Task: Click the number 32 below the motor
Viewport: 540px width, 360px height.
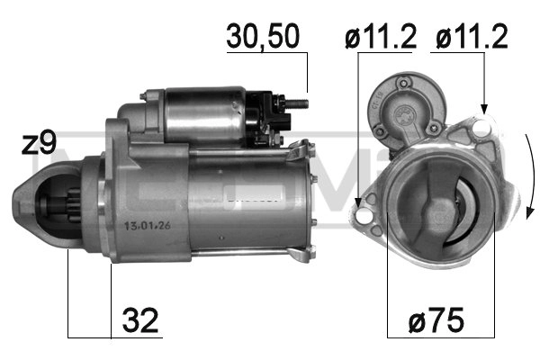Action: (140, 319)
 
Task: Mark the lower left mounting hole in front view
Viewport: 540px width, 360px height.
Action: (361, 218)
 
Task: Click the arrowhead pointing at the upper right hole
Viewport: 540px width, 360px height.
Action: (484, 110)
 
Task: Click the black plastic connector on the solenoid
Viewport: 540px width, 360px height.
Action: (269, 115)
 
